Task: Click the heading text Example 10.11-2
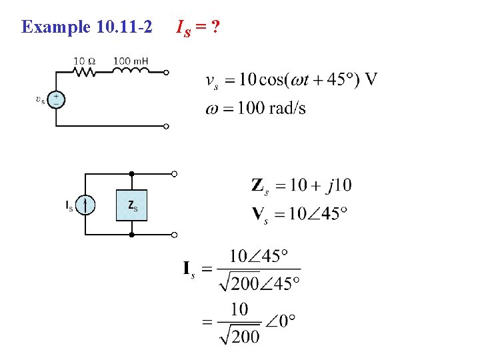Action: click(x=87, y=27)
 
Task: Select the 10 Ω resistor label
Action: click(x=84, y=61)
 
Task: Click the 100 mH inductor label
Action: click(x=130, y=61)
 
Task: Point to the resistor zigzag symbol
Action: click(x=85, y=72)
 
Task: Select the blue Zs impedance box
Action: click(x=132, y=205)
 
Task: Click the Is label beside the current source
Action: click(x=69, y=205)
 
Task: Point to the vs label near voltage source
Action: click(x=41, y=100)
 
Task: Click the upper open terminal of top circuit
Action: click(x=167, y=73)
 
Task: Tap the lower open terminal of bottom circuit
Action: click(x=174, y=235)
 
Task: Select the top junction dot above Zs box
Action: click(x=132, y=174)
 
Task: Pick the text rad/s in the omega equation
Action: click(x=287, y=108)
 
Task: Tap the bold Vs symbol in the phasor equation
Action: click(x=260, y=215)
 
